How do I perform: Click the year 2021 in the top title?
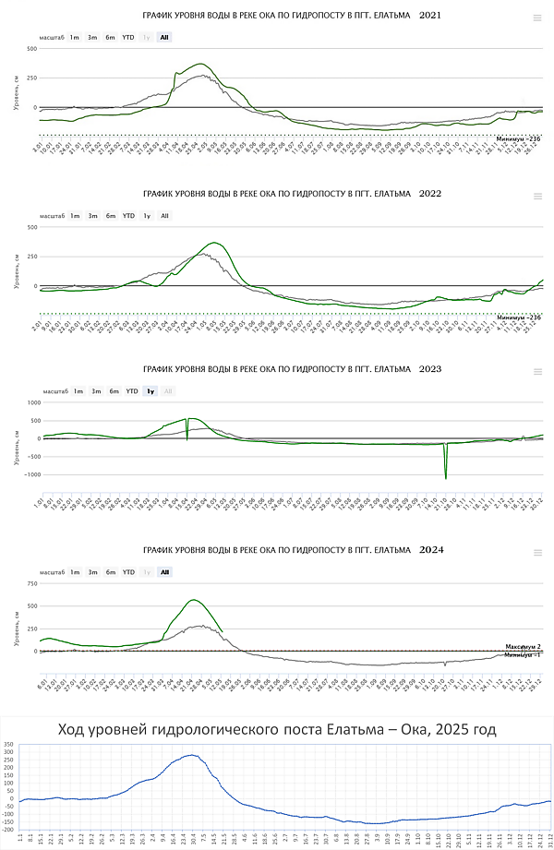point(431,16)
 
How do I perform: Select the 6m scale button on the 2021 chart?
point(110,37)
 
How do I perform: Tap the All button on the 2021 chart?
point(164,37)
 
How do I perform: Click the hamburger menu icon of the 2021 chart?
point(537,17)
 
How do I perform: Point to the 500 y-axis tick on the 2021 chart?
point(31,48)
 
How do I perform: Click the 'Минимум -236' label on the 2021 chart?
point(518,138)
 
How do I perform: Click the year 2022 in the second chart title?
point(431,195)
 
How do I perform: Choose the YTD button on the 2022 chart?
point(128,216)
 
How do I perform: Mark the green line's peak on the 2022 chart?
point(215,243)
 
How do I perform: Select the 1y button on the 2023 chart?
point(150,391)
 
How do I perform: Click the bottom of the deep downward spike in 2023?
point(446,477)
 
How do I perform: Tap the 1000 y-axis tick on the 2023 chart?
point(31,402)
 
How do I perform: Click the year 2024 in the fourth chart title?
point(431,549)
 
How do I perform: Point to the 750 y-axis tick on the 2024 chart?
point(31,583)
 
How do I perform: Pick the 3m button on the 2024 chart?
point(92,572)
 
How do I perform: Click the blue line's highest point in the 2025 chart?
point(191,755)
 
